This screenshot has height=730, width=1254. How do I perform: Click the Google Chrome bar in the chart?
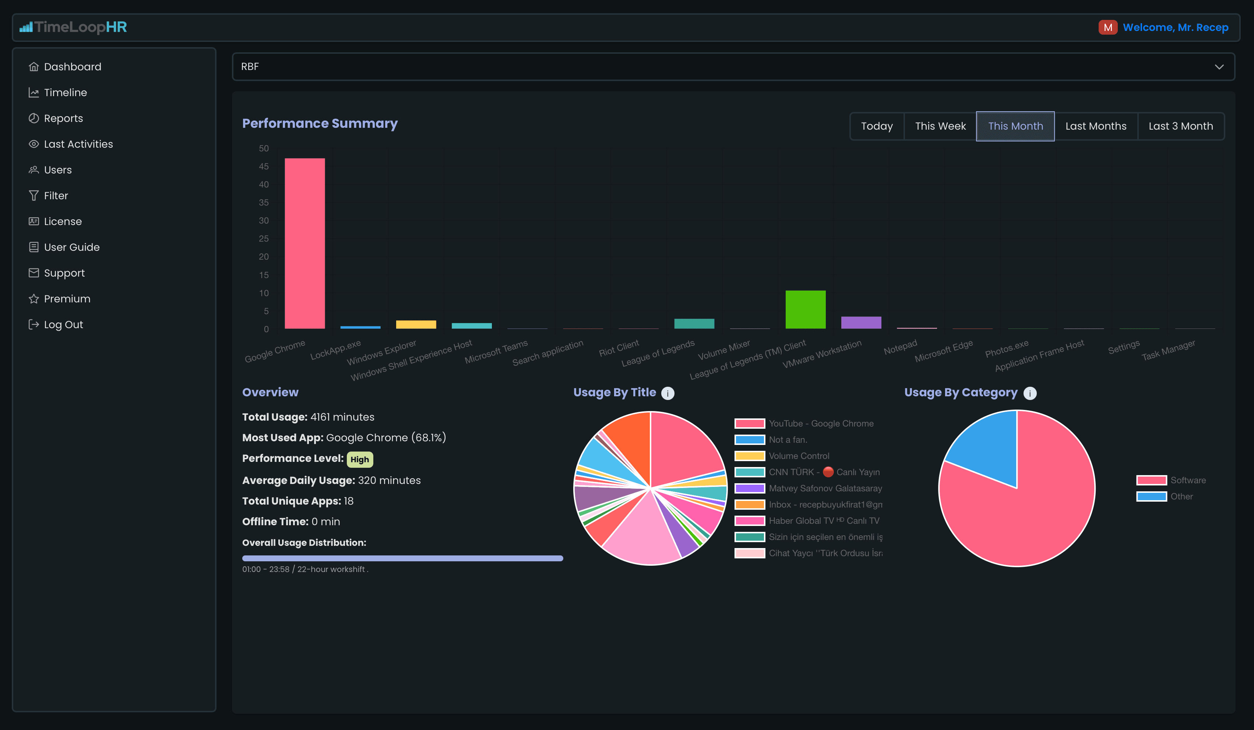(304, 243)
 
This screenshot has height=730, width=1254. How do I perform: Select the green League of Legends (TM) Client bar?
(805, 309)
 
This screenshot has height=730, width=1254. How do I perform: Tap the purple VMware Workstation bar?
(861, 323)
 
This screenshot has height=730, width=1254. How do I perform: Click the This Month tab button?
(1015, 126)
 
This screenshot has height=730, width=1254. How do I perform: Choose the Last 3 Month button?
(1180, 126)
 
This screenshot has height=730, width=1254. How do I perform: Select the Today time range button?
(877, 126)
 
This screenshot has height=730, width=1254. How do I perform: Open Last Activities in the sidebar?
(78, 144)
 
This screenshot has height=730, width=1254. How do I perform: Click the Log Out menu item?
(63, 324)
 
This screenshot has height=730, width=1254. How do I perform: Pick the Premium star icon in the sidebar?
(34, 299)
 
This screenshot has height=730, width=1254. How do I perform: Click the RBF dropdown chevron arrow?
(1219, 67)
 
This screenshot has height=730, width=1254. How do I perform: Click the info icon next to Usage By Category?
(1029, 393)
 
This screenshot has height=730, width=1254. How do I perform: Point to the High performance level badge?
(359, 459)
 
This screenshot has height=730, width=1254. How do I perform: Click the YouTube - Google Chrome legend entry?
(804, 423)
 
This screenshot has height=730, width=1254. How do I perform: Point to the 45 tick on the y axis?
(264, 166)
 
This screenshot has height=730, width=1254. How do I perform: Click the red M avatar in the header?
(1108, 27)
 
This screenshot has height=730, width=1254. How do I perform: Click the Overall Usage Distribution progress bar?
(402, 558)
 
